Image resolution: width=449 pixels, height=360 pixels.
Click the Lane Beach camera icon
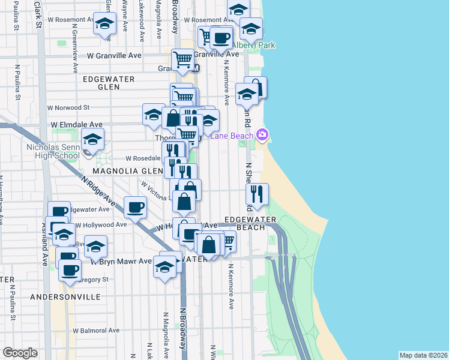coord(262,134)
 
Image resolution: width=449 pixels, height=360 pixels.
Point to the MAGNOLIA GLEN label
coord(120,171)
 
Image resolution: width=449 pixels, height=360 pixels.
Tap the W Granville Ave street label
coord(114,55)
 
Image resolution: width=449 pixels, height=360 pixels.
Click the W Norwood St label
coord(68,108)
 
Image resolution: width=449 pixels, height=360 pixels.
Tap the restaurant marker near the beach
coord(257,193)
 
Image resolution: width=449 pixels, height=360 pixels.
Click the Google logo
coord(20,353)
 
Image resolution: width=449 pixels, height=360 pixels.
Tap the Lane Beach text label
coord(232,135)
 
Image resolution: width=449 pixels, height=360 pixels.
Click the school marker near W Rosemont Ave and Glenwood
coord(105,25)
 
